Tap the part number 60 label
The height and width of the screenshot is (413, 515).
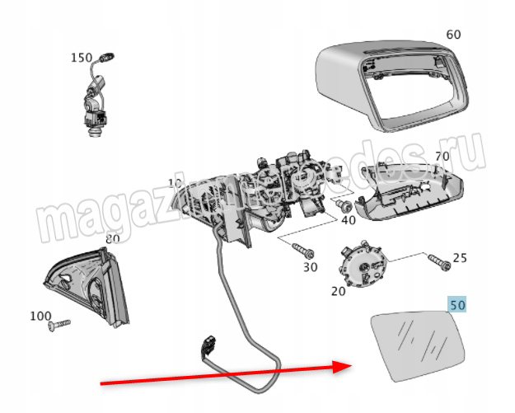click(452, 35)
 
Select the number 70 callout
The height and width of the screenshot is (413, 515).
click(442, 157)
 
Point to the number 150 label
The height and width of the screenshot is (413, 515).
click(82, 58)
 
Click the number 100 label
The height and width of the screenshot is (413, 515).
click(40, 316)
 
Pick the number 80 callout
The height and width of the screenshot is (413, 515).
click(112, 239)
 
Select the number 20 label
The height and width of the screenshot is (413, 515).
click(338, 291)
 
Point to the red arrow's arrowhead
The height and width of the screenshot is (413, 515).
click(346, 364)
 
